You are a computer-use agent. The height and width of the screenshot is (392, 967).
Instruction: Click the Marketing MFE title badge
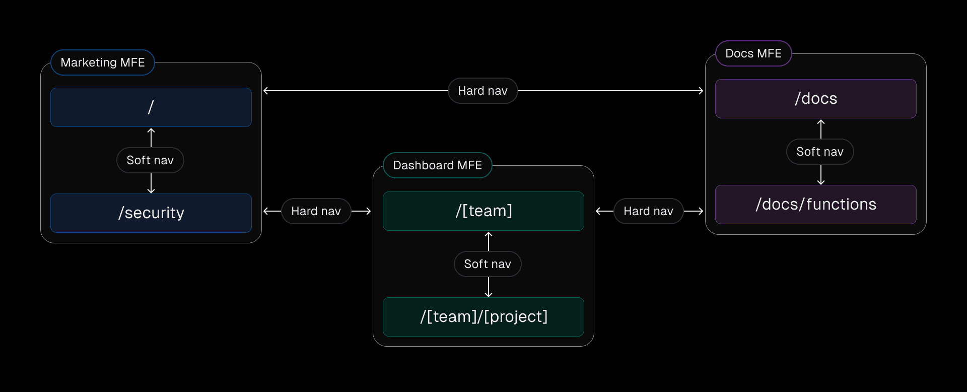pyautogui.click(x=103, y=62)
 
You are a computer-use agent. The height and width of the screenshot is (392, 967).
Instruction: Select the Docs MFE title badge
pyautogui.click(x=753, y=53)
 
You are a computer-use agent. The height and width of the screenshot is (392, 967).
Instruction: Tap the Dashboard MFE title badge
pyautogui.click(x=437, y=165)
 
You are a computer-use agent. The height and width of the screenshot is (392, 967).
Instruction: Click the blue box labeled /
pyautogui.click(x=151, y=107)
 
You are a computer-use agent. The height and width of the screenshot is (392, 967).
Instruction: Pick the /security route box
pyautogui.click(x=151, y=213)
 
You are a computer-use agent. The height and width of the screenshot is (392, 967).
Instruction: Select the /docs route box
pyautogui.click(x=816, y=99)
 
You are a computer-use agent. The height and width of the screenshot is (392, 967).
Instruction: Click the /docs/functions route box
pyautogui.click(x=816, y=205)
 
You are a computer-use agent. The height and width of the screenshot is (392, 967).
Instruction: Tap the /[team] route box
pyautogui.click(x=483, y=211)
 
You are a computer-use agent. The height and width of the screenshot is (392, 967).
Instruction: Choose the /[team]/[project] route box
pyautogui.click(x=483, y=317)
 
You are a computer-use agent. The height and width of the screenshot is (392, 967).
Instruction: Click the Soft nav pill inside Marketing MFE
pyautogui.click(x=150, y=160)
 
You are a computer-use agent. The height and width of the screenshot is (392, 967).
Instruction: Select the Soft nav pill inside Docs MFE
pyautogui.click(x=820, y=152)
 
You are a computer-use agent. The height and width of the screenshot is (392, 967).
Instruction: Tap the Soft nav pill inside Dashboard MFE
pyautogui.click(x=488, y=264)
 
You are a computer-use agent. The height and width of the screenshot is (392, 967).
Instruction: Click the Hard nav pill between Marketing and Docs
pyautogui.click(x=482, y=91)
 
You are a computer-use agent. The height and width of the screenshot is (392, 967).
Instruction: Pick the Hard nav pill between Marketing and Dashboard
pyautogui.click(x=316, y=211)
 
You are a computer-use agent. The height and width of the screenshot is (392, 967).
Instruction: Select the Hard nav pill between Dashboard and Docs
pyautogui.click(x=648, y=211)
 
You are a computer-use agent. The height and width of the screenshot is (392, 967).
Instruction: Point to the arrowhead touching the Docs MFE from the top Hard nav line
pyautogui.click(x=701, y=91)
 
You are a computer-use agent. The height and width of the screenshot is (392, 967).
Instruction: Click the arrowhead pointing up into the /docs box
pyautogui.click(x=821, y=122)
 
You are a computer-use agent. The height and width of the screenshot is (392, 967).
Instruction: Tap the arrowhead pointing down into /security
pyautogui.click(x=151, y=190)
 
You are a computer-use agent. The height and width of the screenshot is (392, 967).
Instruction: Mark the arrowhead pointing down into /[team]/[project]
pyautogui.click(x=489, y=294)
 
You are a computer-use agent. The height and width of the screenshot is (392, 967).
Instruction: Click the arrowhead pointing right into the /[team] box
pyautogui.click(x=368, y=211)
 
